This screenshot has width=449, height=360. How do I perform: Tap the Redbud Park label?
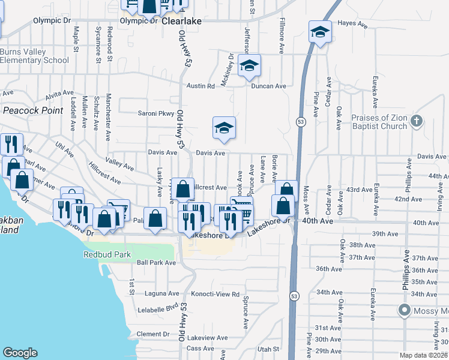107,254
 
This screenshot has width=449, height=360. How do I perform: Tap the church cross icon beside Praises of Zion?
418,122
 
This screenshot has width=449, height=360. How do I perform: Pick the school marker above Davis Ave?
224,127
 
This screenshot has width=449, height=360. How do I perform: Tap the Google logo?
20,353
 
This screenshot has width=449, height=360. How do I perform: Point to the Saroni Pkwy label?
156,113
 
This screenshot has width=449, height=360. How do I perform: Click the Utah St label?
268,349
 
